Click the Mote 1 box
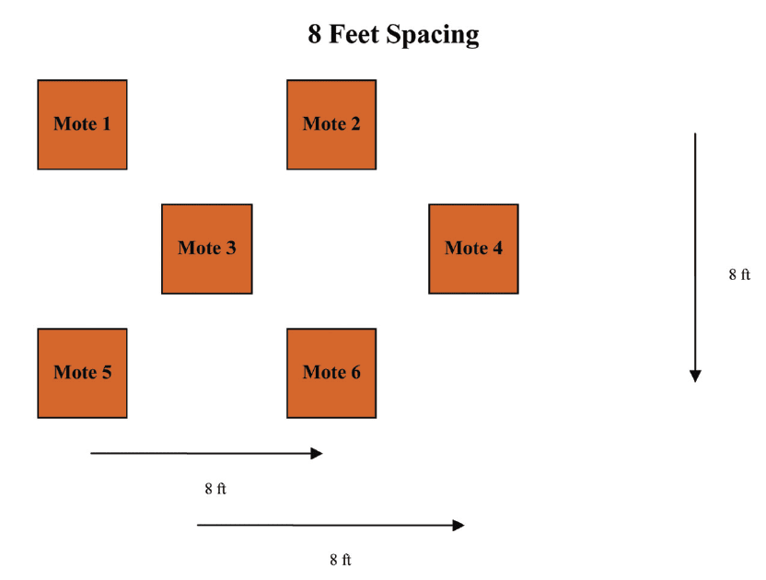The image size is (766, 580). point(82,124)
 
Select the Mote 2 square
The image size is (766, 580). point(331,124)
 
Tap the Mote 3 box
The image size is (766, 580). point(206,249)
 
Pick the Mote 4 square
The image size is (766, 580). point(473,249)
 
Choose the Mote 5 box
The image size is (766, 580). point(82,373)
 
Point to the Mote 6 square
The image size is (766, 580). point(331,373)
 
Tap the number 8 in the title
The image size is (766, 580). point(315,35)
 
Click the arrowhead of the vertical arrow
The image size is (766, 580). point(695,376)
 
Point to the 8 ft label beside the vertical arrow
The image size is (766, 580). point(739,274)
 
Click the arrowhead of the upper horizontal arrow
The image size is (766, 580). point(318,453)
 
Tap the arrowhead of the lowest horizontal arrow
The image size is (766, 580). point(458,525)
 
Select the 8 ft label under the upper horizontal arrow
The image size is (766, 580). point(215,489)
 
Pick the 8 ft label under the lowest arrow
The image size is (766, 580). point(341,559)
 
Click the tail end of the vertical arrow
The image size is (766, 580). point(695,135)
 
